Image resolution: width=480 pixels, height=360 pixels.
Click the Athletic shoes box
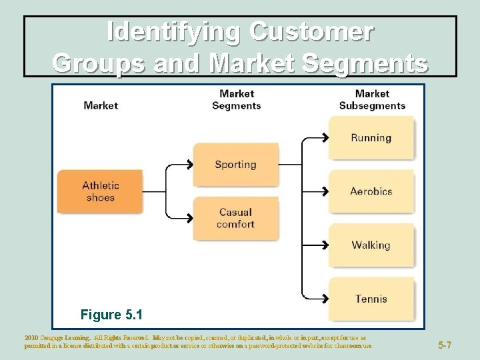[x=100, y=191]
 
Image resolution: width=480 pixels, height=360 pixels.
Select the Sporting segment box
[x=235, y=165]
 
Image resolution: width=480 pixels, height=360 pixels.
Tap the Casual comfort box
[x=235, y=219]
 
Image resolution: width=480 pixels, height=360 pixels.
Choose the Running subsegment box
[x=371, y=138]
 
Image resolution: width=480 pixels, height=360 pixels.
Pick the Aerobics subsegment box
[x=371, y=191]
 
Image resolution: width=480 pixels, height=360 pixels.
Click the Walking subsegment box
[x=371, y=245]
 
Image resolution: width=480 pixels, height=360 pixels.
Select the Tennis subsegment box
[x=371, y=299]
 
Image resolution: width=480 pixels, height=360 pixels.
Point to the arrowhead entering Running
[x=325, y=138]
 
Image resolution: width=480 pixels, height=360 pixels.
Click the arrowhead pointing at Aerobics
[x=325, y=191]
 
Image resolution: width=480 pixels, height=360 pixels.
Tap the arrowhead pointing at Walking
[x=325, y=245]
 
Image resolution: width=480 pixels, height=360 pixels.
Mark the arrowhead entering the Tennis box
[x=325, y=299]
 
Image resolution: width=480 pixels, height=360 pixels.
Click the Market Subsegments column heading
[x=372, y=99]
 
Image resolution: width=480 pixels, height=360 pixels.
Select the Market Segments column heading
[x=237, y=99]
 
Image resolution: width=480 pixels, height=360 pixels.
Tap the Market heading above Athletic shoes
[x=101, y=105]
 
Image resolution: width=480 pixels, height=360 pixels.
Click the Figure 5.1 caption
[x=111, y=314]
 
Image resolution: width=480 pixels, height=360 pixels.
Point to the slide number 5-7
[x=445, y=345]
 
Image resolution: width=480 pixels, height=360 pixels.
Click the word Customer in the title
[x=311, y=31]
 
